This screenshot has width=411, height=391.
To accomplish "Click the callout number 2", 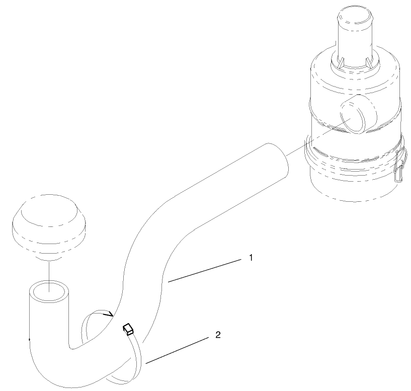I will point(217,335).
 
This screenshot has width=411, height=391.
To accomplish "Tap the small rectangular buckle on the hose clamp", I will point(128,329).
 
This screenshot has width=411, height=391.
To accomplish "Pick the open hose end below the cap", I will point(48,290).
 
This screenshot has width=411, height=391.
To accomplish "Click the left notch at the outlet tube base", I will point(341,63).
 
